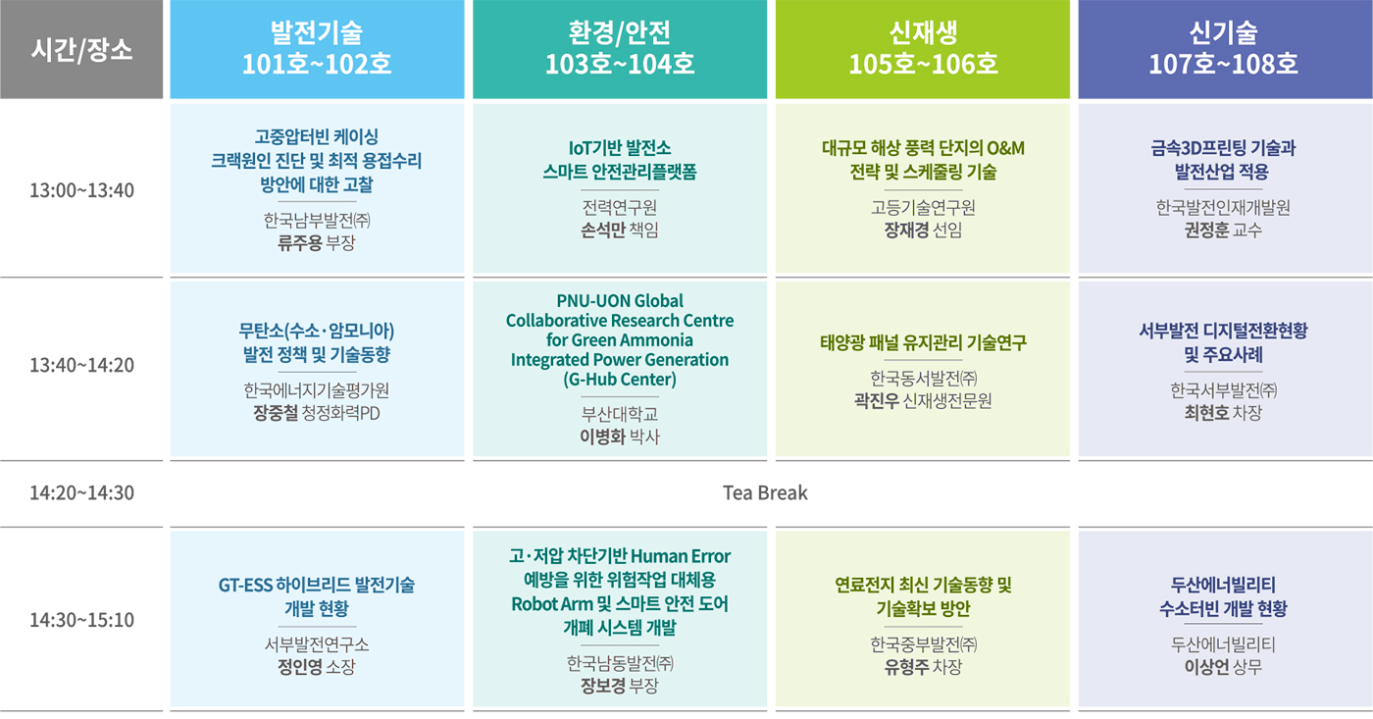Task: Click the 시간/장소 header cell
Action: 81,49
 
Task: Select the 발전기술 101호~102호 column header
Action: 317,49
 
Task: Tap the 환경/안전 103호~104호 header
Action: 620,49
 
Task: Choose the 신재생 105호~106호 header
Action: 923,49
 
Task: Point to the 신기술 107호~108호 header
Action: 1225,49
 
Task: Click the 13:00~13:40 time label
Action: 81,190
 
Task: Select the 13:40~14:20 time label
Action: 81,365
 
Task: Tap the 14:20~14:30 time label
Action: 81,492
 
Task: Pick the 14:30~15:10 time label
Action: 81,620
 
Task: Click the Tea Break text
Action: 765,492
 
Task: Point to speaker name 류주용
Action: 300,243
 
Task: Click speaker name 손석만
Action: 602,231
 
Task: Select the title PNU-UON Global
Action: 620,301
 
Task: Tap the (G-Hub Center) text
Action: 620,380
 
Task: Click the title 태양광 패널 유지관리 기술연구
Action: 923,342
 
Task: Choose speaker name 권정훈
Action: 1206,231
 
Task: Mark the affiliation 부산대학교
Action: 620,414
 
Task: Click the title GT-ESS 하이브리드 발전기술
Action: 317,586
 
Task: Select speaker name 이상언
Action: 1206,667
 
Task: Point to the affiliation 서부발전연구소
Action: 317,644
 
